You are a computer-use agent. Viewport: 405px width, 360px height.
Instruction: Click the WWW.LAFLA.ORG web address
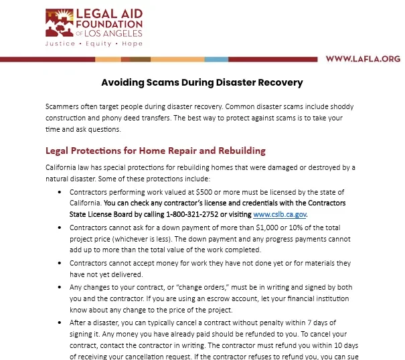362,59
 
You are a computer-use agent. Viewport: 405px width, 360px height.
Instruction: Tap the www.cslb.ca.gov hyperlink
280,214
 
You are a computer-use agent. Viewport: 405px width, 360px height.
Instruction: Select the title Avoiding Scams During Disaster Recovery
202,83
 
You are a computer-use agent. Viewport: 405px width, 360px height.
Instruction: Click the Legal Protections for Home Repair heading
155,151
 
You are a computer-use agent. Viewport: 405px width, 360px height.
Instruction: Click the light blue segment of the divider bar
216,59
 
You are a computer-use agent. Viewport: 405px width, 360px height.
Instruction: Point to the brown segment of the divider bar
139,59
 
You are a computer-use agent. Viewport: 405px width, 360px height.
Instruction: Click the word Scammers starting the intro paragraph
62,107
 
